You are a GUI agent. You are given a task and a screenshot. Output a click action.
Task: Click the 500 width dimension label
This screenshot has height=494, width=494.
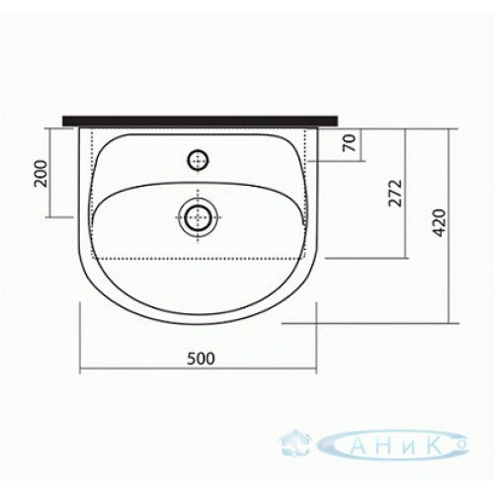201,359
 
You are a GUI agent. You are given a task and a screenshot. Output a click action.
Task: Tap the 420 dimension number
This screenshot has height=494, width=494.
440,223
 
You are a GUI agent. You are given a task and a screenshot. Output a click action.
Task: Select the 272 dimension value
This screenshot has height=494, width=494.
395,193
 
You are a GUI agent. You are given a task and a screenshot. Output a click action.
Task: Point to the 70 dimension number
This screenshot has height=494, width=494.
350,142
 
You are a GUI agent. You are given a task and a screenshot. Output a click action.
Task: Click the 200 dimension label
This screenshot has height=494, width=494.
41,174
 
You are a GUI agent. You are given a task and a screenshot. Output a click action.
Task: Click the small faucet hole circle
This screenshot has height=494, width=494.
198,161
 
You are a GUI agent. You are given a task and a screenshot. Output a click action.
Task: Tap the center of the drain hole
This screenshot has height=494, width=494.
198,217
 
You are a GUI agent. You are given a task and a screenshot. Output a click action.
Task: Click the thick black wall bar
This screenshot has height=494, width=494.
201,121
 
